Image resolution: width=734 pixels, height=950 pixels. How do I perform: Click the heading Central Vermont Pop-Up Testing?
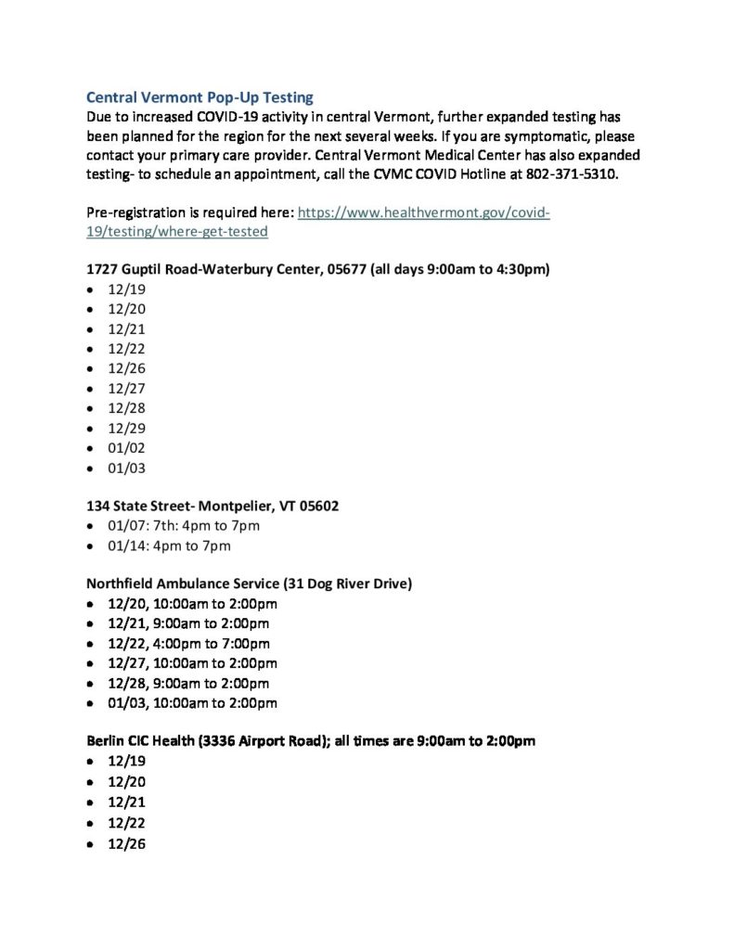tap(200, 96)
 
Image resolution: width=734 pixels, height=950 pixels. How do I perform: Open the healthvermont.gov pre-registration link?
tap(423, 213)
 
